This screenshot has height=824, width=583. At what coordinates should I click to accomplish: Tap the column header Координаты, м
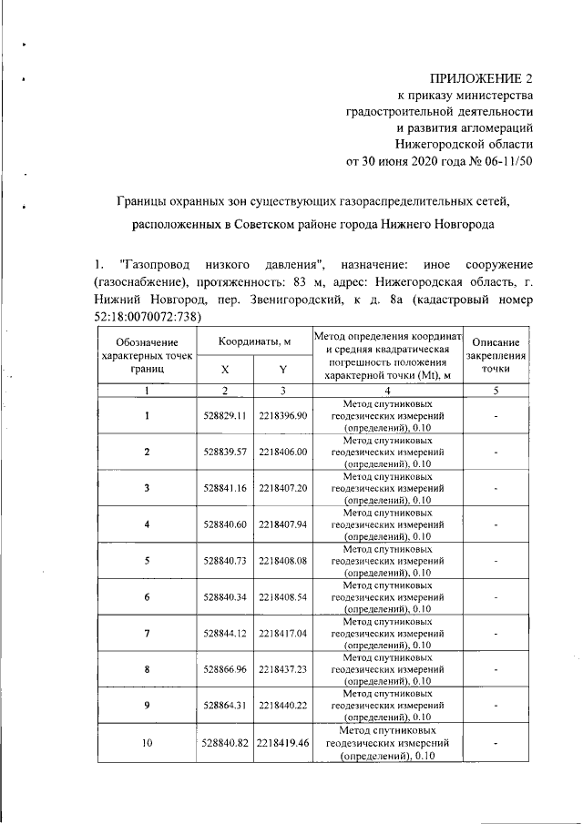[x=253, y=341]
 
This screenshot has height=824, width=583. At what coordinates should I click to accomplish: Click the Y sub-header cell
[x=282, y=369]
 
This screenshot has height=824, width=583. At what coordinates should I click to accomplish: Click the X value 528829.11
[x=225, y=415]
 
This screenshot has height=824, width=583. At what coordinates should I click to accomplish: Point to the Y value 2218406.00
[x=283, y=452]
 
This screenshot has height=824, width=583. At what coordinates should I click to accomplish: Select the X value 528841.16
[x=225, y=488]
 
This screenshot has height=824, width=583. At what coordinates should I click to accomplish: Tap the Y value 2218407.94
[x=283, y=524]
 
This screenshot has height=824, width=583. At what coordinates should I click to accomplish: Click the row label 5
[x=146, y=561]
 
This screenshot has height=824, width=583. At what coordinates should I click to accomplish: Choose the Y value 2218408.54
[x=283, y=597]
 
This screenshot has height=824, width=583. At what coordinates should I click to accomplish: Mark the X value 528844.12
[x=225, y=634]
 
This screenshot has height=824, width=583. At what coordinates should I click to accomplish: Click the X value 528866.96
[x=225, y=670]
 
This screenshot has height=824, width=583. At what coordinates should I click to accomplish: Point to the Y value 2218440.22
[x=283, y=707]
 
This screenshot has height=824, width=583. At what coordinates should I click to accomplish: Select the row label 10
[x=146, y=744]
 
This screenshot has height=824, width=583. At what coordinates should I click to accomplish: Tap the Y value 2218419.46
[x=283, y=744]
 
